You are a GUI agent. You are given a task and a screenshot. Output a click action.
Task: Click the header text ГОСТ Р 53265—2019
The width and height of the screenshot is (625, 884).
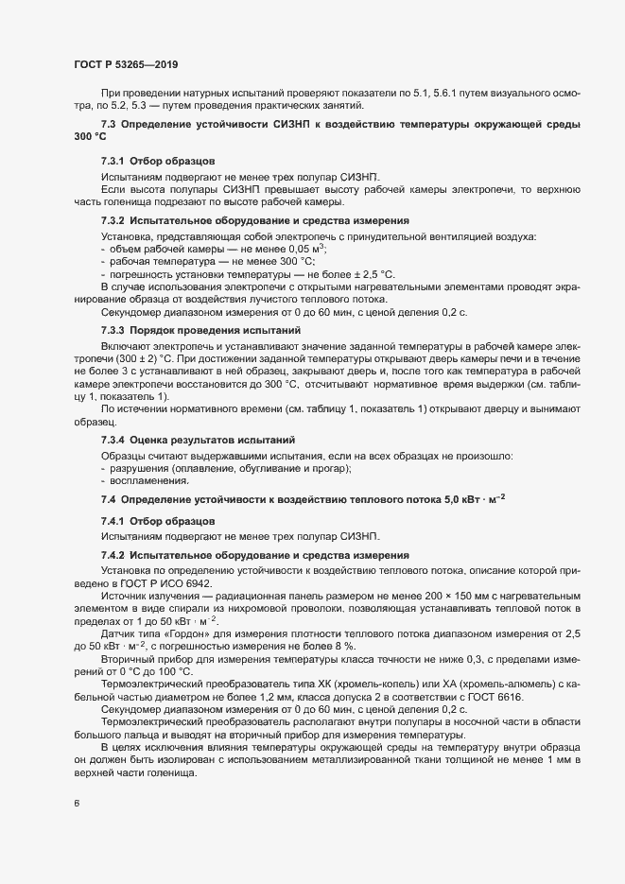pyautogui.click(x=126, y=65)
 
